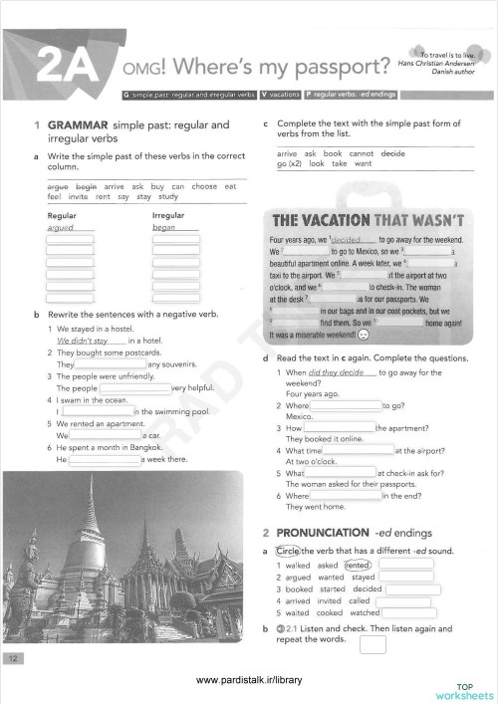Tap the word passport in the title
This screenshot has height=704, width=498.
[336, 69]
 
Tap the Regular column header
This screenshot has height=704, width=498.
[64, 214]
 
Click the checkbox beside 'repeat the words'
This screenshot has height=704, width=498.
[373, 644]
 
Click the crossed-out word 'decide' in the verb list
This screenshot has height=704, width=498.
[392, 153]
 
